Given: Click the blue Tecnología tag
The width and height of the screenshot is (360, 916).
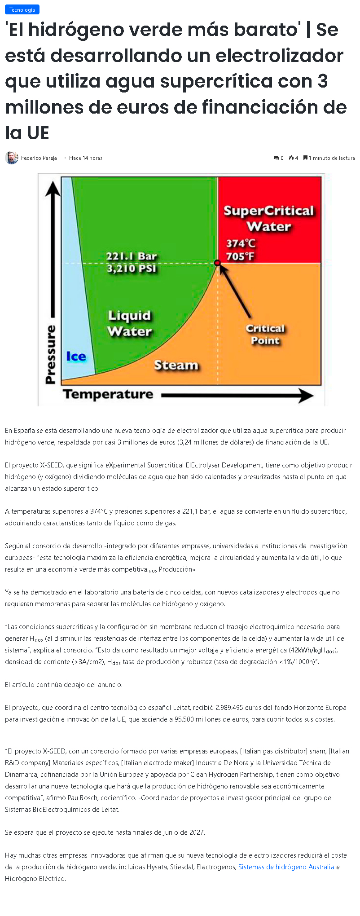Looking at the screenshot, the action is click(22, 9).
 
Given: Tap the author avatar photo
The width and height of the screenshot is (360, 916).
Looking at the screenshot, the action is click(12, 158).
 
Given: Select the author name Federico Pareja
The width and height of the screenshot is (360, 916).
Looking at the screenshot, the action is click(39, 158).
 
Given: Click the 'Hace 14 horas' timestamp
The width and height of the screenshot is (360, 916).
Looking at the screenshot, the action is click(86, 158).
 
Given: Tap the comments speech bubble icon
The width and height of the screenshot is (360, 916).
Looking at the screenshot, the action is click(276, 158).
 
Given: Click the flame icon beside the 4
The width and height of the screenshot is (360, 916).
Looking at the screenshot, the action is click(291, 158).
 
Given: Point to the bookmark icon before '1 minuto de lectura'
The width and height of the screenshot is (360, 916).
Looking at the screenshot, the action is click(305, 158).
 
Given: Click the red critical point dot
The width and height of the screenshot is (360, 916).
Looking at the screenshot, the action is click(217, 263).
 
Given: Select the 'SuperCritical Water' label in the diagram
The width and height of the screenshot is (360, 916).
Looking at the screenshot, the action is click(269, 219).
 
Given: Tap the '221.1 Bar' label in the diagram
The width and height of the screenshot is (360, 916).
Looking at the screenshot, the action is click(132, 256).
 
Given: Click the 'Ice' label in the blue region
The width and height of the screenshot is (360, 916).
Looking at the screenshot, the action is click(76, 357).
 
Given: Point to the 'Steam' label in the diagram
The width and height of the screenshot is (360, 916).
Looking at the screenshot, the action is click(176, 365).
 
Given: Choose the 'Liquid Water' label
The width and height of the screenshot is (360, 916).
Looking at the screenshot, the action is click(130, 323).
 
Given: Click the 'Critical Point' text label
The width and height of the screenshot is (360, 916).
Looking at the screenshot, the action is click(265, 335).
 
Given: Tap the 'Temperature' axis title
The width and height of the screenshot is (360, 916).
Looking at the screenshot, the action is click(108, 394).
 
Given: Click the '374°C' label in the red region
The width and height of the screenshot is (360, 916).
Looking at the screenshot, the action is click(241, 243).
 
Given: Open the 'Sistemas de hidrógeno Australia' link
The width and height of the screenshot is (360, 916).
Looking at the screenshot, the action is click(286, 867).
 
